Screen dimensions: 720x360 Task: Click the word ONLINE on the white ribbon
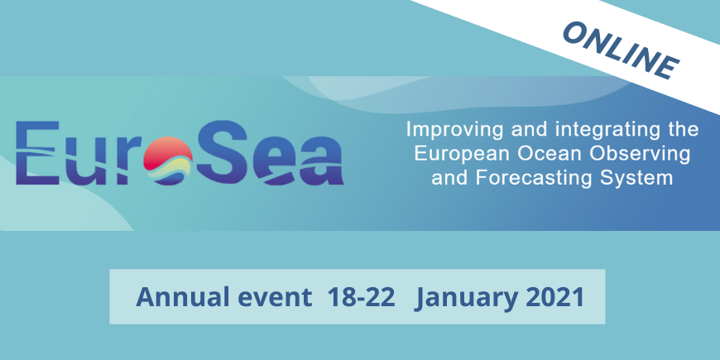coord(621,51)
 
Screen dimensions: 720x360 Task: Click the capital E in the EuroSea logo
coord(37,153)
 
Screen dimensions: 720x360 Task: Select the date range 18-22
coord(362,298)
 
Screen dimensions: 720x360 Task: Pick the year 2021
coord(554,298)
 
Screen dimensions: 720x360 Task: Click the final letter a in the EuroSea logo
coord(320,161)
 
